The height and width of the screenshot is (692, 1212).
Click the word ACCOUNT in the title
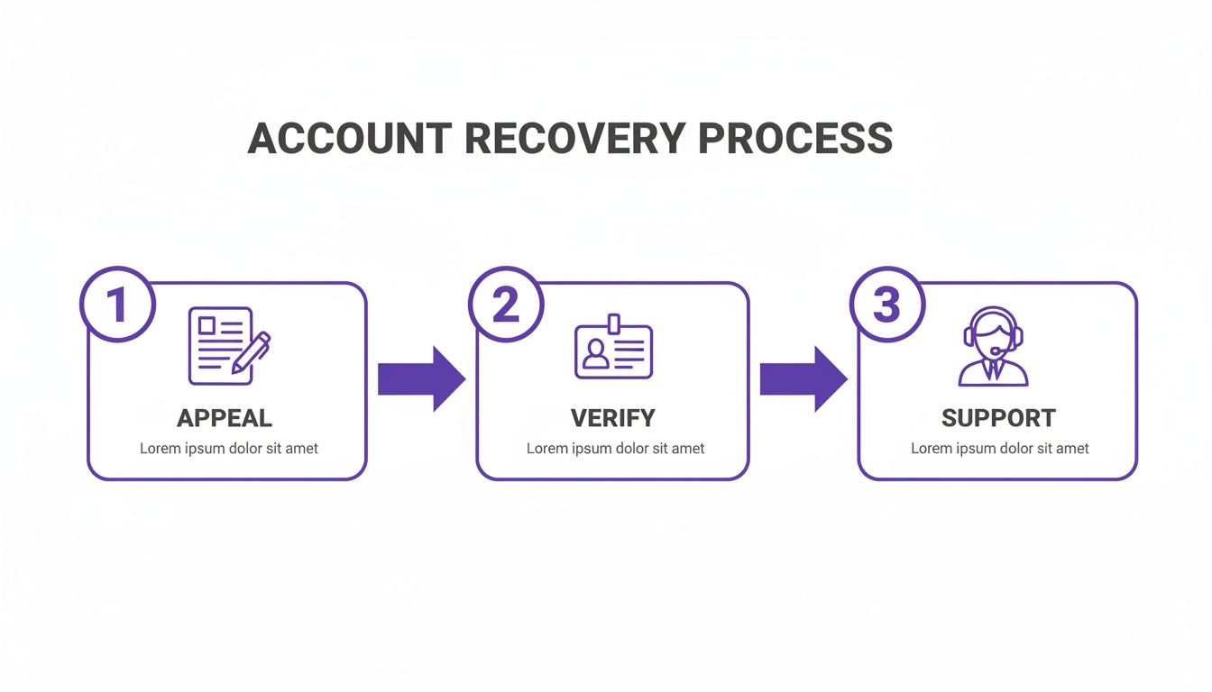349,139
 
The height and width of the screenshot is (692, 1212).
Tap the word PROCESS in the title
794,139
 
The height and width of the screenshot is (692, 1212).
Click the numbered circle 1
117,305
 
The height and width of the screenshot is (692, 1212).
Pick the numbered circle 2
506,305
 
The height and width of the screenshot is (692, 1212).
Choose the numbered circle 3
887,305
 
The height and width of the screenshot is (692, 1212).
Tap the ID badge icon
613,349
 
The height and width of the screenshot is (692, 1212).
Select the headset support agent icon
993,347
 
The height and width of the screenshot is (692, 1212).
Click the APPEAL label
225,418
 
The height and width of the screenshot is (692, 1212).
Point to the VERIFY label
613,418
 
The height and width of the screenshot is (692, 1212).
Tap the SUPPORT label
998,418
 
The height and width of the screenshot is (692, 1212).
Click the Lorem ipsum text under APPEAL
228,448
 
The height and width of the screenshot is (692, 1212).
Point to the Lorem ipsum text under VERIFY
615,448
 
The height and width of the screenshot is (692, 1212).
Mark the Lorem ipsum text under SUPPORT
999,448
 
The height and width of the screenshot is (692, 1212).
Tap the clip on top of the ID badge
613,323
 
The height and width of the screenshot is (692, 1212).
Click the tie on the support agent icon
993,369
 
